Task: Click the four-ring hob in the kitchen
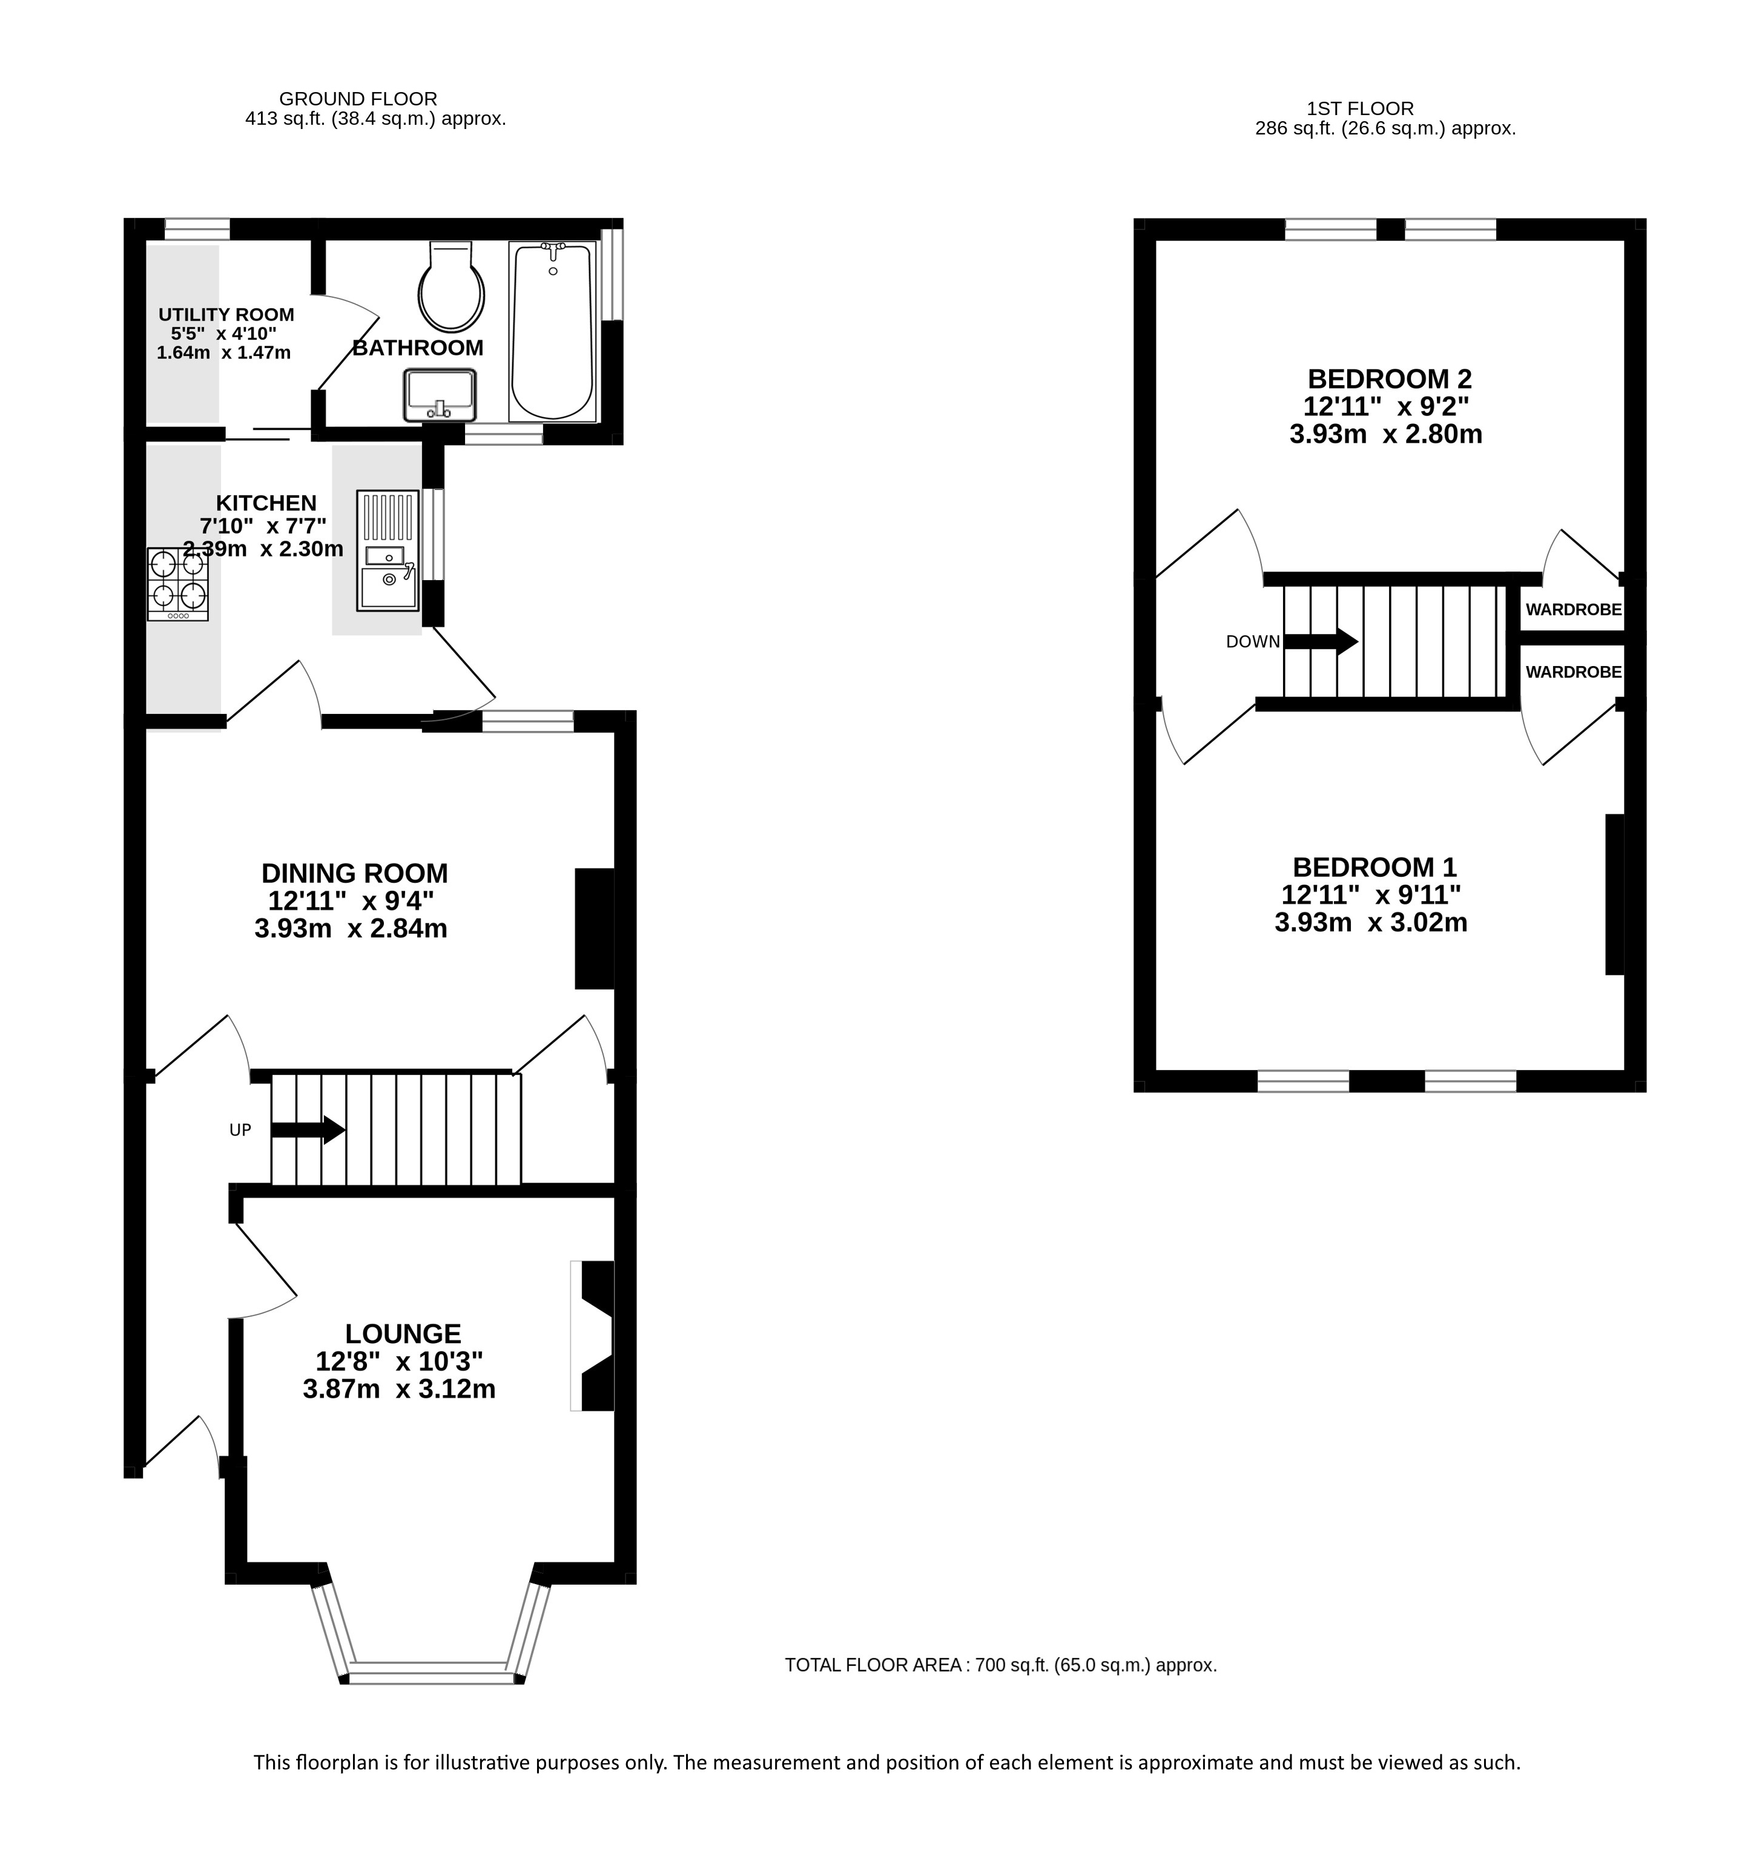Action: click(x=178, y=584)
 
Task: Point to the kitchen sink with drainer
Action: click(x=388, y=550)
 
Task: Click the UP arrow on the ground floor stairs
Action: click(x=308, y=1130)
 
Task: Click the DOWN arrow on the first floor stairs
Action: click(x=1320, y=641)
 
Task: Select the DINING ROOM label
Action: click(x=354, y=873)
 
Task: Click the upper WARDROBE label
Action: click(x=1573, y=609)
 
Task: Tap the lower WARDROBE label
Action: click(x=1573, y=672)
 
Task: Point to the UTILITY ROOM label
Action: click(x=226, y=315)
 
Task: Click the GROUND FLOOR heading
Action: click(x=358, y=99)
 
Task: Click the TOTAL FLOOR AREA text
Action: click(x=1000, y=1665)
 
